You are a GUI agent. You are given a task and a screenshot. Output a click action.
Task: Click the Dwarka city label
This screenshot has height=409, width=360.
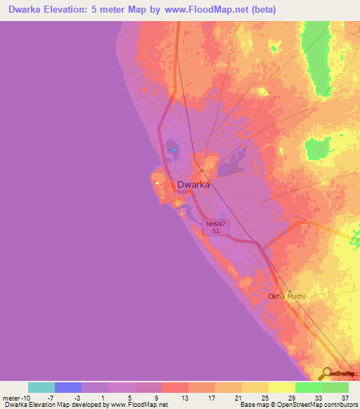point(193,185)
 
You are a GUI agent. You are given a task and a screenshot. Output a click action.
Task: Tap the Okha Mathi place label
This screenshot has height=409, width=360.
point(287,297)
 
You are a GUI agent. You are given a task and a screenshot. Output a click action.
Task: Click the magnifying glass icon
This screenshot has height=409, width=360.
point(326,373)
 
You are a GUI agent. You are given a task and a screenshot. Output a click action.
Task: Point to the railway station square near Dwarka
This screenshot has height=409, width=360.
point(202,170)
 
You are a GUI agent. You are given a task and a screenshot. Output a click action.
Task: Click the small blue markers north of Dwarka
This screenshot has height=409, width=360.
point(171,150)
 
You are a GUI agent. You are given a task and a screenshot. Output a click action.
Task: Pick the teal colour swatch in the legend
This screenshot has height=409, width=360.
point(41,387)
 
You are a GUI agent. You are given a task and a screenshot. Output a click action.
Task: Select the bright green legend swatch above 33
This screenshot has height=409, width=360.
point(308,387)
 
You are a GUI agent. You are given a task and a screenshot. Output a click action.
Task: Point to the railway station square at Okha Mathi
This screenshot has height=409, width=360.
point(288,291)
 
